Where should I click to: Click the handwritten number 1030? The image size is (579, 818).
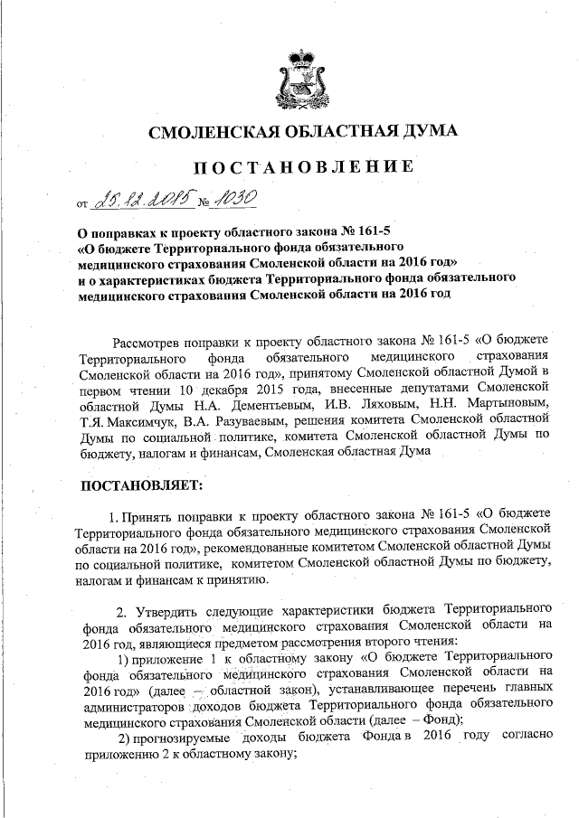[x=238, y=196]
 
